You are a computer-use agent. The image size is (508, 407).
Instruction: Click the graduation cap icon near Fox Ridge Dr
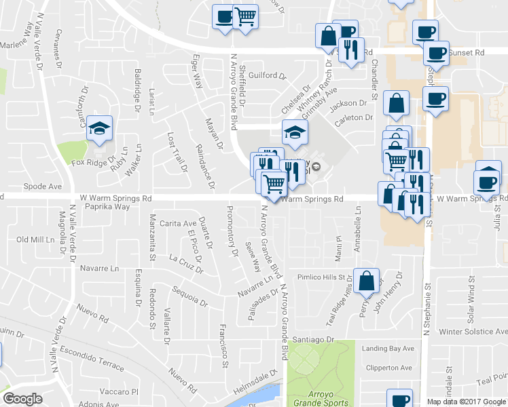(x=100, y=128)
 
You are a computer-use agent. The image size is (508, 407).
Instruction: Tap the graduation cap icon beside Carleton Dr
(x=295, y=132)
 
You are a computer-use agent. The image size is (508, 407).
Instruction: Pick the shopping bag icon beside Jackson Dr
(x=396, y=104)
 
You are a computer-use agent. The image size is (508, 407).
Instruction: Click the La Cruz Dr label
(x=185, y=261)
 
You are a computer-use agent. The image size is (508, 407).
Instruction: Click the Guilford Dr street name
(x=264, y=75)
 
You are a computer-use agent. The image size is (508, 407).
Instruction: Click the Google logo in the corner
(x=22, y=399)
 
